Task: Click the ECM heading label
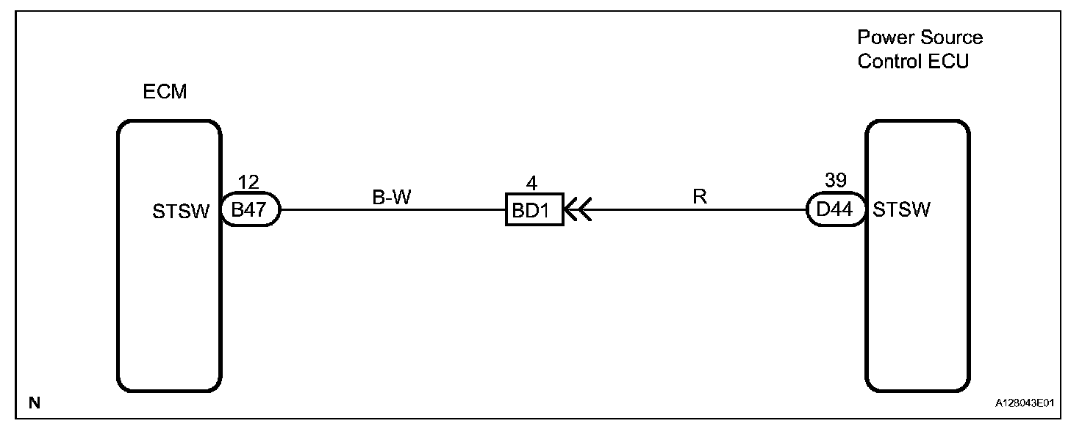point(165,93)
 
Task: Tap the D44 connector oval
point(836,210)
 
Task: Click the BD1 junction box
point(534,211)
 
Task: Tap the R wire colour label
point(699,198)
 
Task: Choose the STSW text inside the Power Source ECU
point(902,211)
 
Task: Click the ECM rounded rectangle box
point(169,294)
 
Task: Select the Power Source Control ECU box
point(917,309)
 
